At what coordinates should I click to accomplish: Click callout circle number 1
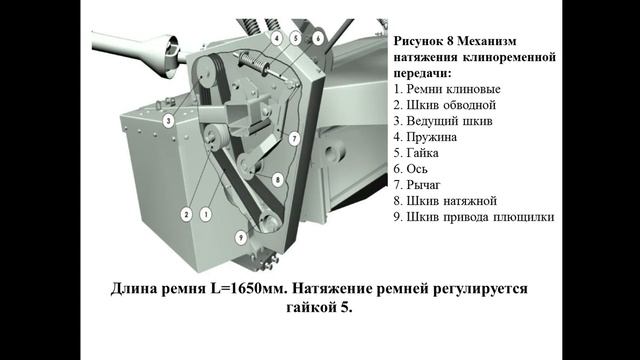(x=206, y=214)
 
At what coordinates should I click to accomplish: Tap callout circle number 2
(x=187, y=214)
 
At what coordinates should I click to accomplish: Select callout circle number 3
(x=168, y=121)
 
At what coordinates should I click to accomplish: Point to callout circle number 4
(x=276, y=39)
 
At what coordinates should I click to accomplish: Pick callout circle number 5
(x=296, y=39)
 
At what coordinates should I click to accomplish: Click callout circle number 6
(x=318, y=39)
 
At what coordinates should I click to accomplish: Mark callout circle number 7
(x=294, y=139)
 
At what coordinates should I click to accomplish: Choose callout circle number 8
(x=278, y=180)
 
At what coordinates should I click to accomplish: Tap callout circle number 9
(x=241, y=237)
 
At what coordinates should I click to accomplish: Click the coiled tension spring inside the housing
(x=253, y=61)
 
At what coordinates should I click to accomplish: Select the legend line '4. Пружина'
(x=425, y=137)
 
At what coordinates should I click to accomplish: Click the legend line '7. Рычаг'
(x=417, y=185)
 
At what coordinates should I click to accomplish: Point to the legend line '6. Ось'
(x=410, y=169)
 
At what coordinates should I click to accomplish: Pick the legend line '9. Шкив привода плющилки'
(x=474, y=217)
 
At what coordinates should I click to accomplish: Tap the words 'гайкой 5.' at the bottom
(x=319, y=307)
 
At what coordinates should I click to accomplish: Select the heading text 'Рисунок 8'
(x=423, y=41)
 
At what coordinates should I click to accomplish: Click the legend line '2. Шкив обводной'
(x=445, y=105)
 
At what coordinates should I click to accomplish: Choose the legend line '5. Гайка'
(x=416, y=153)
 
